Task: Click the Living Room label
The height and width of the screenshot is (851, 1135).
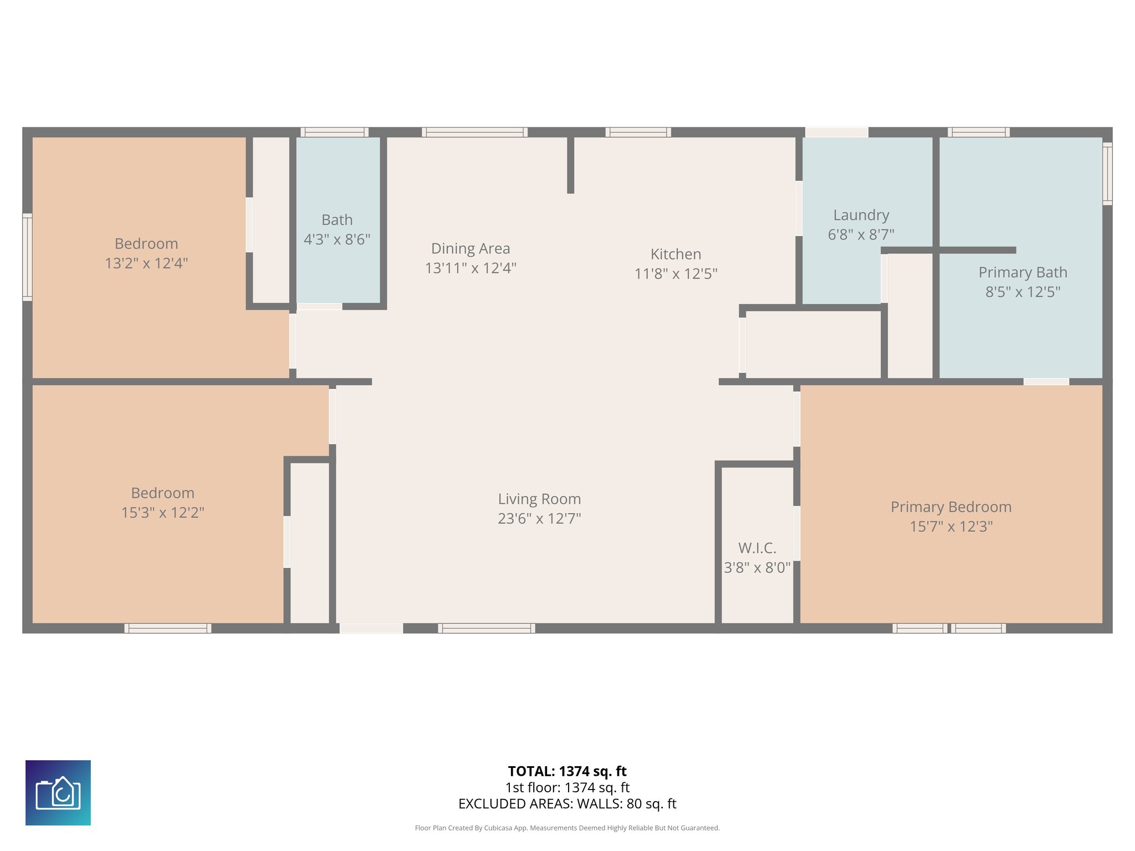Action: tap(539, 499)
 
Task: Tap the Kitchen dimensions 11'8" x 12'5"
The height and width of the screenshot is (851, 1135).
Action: tap(676, 274)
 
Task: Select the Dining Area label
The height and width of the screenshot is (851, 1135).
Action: tap(471, 249)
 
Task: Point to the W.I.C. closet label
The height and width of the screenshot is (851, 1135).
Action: tap(757, 548)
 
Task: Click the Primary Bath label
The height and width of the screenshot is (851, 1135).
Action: tap(1022, 273)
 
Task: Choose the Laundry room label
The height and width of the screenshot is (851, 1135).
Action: tap(861, 215)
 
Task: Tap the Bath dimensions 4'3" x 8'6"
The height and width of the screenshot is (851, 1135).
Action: tap(337, 239)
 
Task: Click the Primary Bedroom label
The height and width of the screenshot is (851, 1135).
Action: tap(951, 507)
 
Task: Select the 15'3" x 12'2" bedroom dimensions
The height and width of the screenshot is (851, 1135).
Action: tap(163, 512)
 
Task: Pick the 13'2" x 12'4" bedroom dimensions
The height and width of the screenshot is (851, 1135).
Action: tap(146, 263)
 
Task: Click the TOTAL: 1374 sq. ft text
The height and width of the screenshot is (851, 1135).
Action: tap(567, 771)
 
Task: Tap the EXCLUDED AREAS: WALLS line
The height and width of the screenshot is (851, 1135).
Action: tap(567, 804)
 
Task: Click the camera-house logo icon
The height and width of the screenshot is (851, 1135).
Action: tap(58, 793)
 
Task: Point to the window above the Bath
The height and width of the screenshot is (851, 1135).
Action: tap(334, 132)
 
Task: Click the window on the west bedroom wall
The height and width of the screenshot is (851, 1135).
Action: tap(27, 257)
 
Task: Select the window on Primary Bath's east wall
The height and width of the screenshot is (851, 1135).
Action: tap(1107, 173)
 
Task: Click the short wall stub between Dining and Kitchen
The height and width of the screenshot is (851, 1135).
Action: tap(570, 165)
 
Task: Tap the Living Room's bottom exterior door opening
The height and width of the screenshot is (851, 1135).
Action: tap(371, 628)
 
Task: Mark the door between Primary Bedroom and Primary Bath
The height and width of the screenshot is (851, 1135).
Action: tap(1046, 382)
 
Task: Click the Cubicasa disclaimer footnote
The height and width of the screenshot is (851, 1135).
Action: tap(567, 828)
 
